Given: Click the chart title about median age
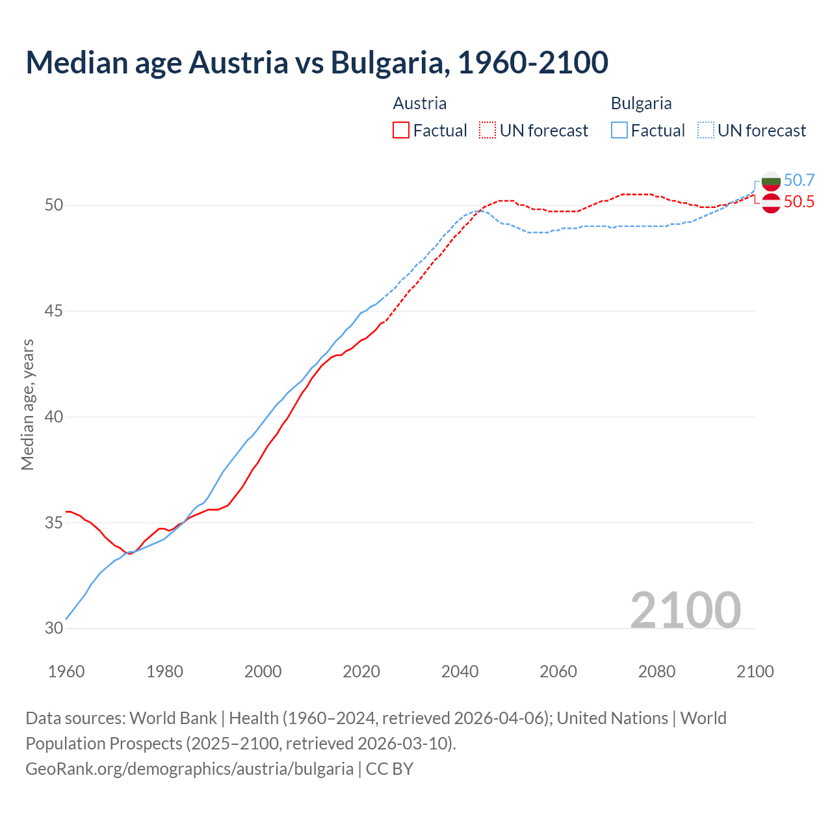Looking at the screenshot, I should (317, 62).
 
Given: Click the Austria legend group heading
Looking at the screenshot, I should (419, 103).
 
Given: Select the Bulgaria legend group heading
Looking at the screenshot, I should (641, 103).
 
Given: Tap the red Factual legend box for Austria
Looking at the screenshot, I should (401, 131).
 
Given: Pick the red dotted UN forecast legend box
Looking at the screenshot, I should (487, 131).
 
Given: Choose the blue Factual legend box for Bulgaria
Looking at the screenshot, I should (619, 131).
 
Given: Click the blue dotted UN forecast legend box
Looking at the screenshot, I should (706, 131).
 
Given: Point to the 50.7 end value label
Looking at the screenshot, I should (799, 180).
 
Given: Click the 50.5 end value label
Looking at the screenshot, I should (799, 202).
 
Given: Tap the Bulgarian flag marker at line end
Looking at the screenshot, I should (771, 181).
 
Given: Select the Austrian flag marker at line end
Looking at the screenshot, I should (771, 203).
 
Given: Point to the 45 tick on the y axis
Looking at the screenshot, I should (54, 311).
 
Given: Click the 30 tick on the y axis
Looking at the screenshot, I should (54, 629).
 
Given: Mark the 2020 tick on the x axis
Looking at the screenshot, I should (361, 671).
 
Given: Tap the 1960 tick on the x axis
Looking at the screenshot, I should (66, 671).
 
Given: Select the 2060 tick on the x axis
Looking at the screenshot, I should (558, 671).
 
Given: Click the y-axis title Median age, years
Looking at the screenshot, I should (27, 404).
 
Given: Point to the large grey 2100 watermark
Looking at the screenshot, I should (685, 610).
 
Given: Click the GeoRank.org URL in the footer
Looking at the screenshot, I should (189, 769).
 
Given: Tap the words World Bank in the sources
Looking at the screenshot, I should (173, 718).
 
